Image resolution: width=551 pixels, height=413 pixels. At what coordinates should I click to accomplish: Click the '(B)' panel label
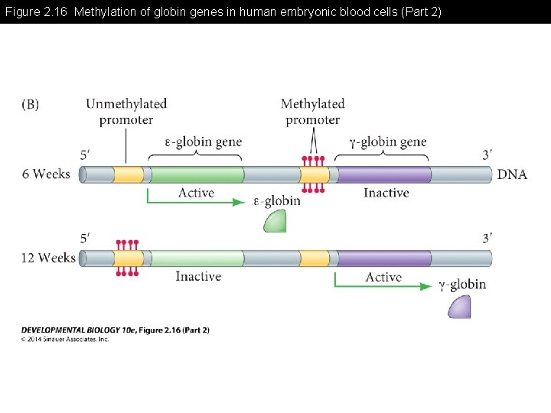pos(30,105)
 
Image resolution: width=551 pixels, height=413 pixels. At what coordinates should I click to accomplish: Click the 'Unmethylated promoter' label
pos(126,112)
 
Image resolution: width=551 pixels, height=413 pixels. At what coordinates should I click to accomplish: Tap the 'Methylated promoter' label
pos(312,112)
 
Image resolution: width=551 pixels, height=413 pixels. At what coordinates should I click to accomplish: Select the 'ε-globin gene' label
pos(203,141)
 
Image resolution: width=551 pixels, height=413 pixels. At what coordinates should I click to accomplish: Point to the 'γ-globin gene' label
pos(387,141)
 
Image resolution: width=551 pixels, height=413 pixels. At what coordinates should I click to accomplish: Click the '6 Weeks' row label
pos(46,174)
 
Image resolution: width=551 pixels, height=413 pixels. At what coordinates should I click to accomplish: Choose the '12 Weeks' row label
pos(48,258)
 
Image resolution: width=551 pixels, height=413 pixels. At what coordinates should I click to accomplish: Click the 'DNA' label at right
pos(512,174)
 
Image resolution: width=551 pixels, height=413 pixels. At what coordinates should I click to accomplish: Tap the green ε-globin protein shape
pos(275,221)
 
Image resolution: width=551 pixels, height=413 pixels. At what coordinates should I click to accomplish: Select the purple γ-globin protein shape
pos(459,307)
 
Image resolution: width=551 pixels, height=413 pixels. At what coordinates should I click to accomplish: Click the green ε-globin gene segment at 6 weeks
pos(197,174)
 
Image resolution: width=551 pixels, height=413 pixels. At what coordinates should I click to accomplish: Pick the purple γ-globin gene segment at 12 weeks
pos(383,258)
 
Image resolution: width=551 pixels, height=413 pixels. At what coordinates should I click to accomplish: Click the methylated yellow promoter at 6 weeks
pos(314,174)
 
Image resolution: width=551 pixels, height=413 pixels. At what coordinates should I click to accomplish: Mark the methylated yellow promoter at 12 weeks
pos(128,258)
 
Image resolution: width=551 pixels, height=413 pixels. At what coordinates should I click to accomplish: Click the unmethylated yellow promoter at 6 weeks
pos(129,174)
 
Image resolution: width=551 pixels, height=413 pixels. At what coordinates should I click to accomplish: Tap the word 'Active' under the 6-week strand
pos(196,193)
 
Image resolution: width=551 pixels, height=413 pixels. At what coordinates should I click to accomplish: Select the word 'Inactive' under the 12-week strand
pos(198,276)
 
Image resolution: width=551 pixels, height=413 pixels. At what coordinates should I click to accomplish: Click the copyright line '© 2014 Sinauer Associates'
pos(65,339)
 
